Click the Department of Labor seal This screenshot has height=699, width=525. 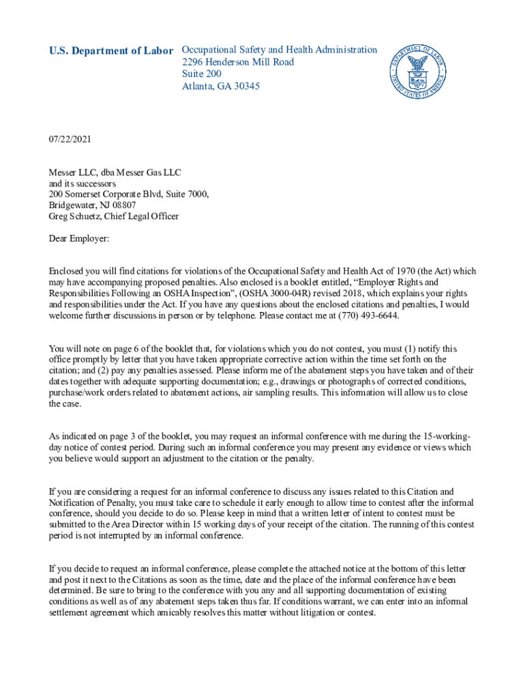coord(418,72)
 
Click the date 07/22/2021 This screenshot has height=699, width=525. coord(70,139)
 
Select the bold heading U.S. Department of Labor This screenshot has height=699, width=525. coord(111,51)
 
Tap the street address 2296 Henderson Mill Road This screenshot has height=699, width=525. coord(238,62)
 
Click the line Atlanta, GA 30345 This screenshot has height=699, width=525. coord(220,87)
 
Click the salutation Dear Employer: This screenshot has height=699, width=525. coord(78,239)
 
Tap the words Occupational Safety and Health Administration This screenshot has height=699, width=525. coord(279,50)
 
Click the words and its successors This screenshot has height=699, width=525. coord(82,183)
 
